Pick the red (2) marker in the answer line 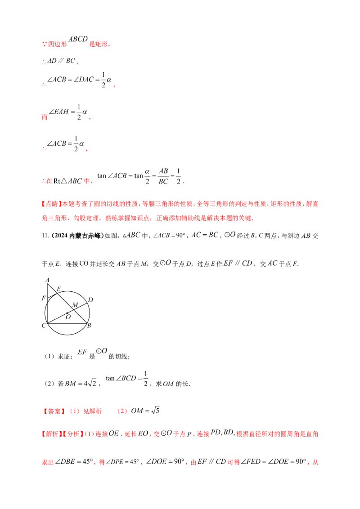point(121,411)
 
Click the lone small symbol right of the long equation point(306,234)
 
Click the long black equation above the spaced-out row point(180,234)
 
